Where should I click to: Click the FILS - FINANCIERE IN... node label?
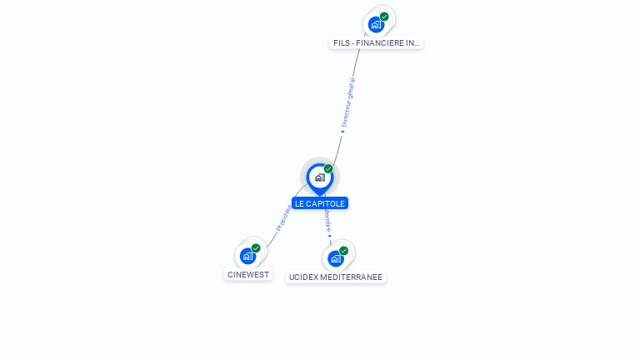click(376, 42)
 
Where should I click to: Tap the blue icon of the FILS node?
click(376, 25)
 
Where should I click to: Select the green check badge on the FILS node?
click(384, 17)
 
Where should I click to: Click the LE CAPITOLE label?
click(319, 203)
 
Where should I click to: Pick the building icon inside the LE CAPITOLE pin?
click(319, 177)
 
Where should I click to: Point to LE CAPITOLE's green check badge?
click(328, 169)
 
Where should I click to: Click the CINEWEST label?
click(248, 274)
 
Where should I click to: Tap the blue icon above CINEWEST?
click(247, 256)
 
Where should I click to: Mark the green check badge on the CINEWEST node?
click(256, 248)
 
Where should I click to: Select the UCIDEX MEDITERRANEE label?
click(335, 277)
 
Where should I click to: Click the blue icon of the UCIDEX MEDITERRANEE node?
click(336, 258)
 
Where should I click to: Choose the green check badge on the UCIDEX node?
click(343, 251)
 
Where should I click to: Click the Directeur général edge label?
click(349, 102)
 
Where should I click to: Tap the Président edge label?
click(283, 218)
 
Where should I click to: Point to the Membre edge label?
click(327, 221)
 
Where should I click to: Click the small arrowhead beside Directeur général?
click(342, 131)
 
